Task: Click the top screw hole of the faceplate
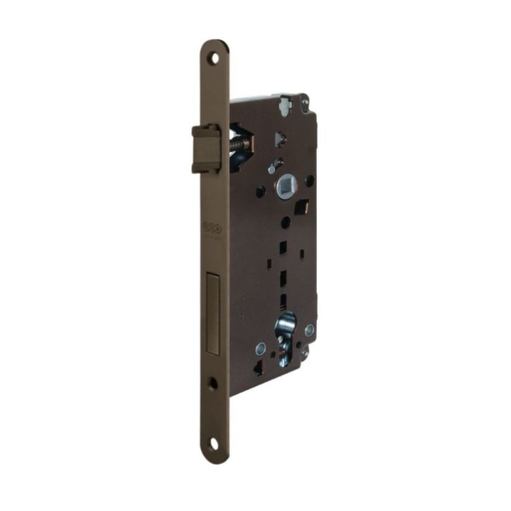214,57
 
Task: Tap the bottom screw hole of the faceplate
213,442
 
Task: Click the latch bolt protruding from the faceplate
206,148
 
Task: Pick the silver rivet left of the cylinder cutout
261,348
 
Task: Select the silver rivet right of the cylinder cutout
310,330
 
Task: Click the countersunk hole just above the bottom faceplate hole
213,383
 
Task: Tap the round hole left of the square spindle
260,191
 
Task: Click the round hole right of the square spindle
309,181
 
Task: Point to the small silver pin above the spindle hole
271,170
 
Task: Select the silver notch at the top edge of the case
285,98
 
